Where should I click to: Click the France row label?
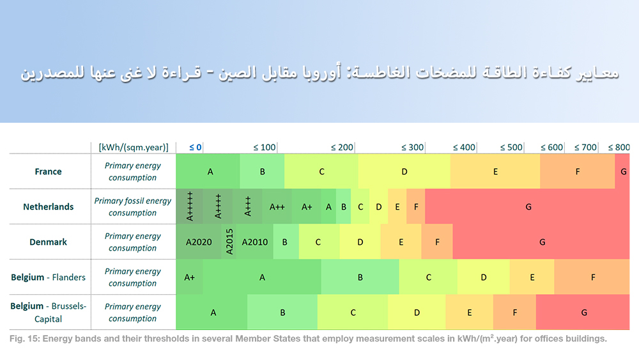coord(49,171)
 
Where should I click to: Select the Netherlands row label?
coord(49,207)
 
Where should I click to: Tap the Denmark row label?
coord(49,242)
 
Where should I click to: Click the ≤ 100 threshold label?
coord(265,147)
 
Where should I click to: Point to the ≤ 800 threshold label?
coord(618,147)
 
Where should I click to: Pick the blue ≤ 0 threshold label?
coord(196,147)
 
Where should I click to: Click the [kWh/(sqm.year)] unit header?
coord(134,147)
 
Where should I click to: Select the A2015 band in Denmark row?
coord(229,242)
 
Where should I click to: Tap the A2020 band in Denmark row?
coord(198,242)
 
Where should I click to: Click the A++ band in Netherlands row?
coord(277,207)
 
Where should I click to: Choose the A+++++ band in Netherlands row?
coord(190,207)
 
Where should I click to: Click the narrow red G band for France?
coord(623,171)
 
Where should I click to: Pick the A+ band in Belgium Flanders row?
coord(190,277)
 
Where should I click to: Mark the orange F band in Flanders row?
coord(593,277)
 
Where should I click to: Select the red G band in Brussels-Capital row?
coord(583,313)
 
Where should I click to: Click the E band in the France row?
coord(495,171)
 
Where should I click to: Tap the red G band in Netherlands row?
coord(528,207)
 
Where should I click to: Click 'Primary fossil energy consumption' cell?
coord(133,207)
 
